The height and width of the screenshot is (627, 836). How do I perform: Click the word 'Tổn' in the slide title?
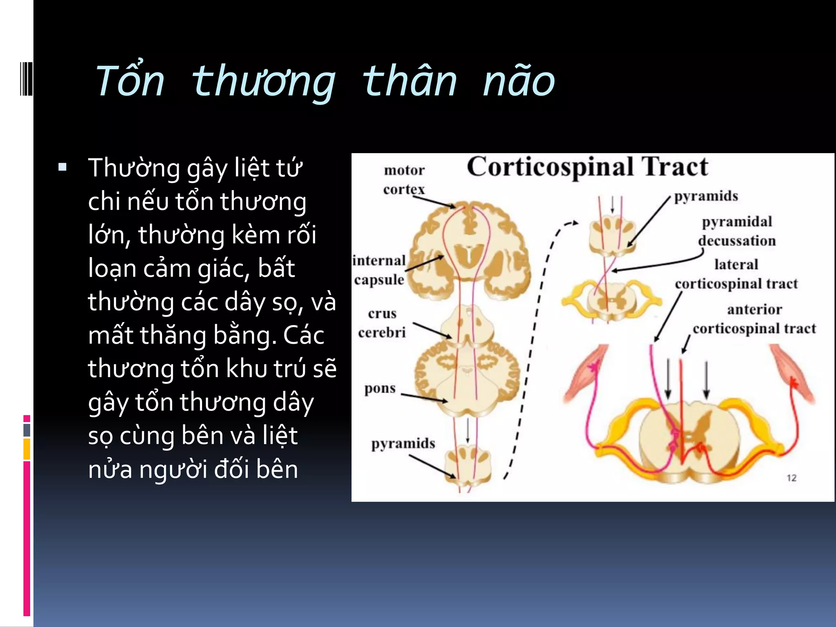tap(129, 81)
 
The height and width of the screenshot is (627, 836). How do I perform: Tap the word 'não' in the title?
tap(518, 81)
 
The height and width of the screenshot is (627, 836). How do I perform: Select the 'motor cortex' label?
tap(404, 180)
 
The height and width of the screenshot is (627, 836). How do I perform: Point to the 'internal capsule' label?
tap(379, 270)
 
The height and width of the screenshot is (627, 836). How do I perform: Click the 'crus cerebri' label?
tap(382, 323)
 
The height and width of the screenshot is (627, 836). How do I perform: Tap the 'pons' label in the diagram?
tap(380, 388)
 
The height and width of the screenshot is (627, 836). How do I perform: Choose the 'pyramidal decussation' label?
tap(737, 231)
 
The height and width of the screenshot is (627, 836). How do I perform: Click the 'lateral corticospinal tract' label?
tap(736, 274)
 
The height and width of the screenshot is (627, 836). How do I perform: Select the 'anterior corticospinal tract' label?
tap(754, 319)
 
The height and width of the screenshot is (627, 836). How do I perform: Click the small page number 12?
tap(791, 478)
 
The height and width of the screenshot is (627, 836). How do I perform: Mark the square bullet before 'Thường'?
tap(62, 167)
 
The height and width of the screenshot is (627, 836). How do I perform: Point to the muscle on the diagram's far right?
tap(792, 374)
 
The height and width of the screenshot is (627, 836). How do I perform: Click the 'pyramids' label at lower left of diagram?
tap(403, 443)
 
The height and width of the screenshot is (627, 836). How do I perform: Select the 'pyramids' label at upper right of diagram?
tap(706, 196)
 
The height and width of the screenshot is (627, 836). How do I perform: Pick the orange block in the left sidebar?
tap(27, 449)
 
